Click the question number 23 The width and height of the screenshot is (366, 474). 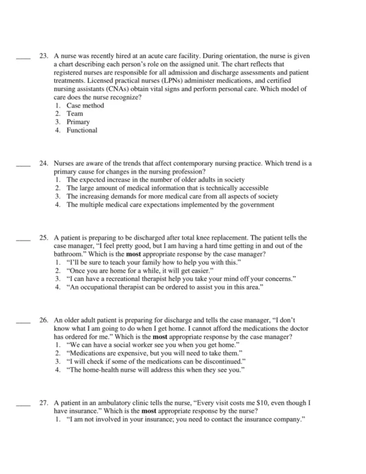tap(43, 56)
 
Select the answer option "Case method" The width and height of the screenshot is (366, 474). tap(85, 106)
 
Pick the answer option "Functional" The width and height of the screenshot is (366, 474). tap(82, 130)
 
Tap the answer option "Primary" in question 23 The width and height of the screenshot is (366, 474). tap(78, 122)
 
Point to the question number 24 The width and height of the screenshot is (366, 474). tap(43, 164)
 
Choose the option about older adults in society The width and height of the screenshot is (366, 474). tap(155, 180)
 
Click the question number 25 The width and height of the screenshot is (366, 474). tap(43, 237)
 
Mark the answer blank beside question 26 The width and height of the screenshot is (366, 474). tap(22, 319)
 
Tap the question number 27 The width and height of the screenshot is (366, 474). tap(43, 403)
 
